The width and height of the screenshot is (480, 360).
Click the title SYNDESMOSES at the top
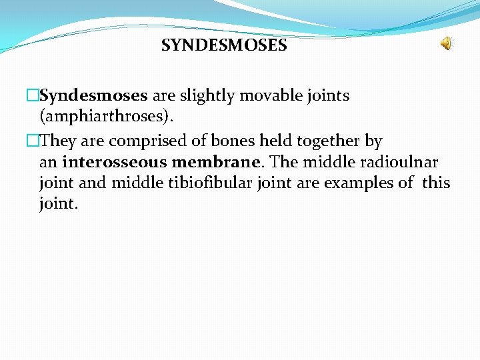coord(224,46)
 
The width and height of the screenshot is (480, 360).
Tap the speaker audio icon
coord(445,44)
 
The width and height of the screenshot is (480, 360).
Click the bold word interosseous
coord(114,162)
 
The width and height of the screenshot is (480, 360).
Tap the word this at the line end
coord(436,183)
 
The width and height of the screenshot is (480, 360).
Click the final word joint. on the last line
coord(59,204)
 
